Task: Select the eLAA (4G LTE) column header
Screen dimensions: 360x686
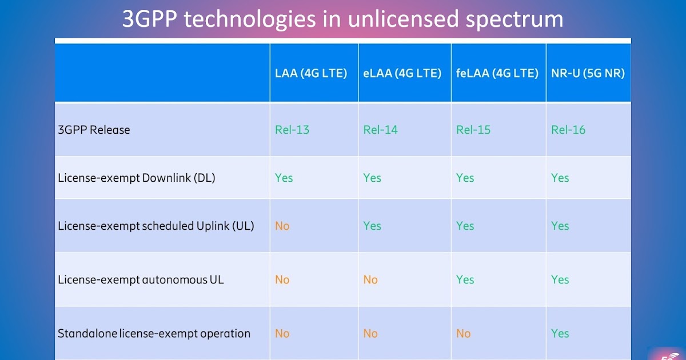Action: point(402,74)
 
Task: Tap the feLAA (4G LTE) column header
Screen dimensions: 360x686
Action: point(497,74)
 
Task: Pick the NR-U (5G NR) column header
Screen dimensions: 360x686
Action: point(588,74)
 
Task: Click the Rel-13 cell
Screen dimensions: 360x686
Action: point(292,130)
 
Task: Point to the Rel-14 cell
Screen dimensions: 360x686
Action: point(380,130)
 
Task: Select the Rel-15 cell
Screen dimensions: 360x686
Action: point(473,130)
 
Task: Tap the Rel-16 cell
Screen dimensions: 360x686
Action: point(568,130)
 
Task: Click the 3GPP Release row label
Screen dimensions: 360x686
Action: point(94,130)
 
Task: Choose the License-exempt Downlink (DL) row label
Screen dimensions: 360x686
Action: point(137,178)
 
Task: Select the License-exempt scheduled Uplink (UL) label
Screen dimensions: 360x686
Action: point(156,226)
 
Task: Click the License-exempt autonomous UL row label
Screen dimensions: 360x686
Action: point(141,279)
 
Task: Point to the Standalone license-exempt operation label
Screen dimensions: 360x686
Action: point(154,333)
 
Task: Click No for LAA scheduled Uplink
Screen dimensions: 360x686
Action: point(282,226)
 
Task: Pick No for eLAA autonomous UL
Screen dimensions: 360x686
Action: point(370,279)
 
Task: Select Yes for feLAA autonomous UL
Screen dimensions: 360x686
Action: point(465,279)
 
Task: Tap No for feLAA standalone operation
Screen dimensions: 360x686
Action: point(464,333)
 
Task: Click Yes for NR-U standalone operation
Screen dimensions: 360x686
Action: point(560,333)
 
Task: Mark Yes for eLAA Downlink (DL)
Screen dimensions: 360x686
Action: point(372,178)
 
